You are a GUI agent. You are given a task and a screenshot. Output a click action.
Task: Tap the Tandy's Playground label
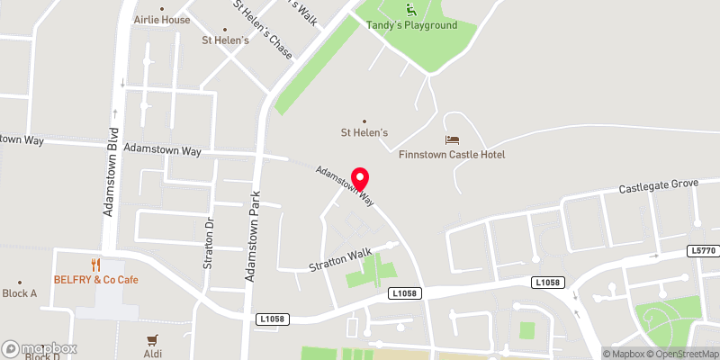point(411,25)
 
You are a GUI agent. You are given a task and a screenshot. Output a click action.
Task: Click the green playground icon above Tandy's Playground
point(411,10)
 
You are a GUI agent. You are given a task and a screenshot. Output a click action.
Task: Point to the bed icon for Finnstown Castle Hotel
point(453,139)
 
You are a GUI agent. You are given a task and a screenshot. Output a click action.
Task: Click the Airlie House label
point(162,19)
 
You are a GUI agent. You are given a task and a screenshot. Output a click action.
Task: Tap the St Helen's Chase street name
point(263,30)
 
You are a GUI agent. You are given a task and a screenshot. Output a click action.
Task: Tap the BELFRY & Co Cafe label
point(95,280)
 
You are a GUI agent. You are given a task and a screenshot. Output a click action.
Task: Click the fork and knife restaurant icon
point(95,265)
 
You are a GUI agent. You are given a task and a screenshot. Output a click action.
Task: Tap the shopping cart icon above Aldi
point(152,340)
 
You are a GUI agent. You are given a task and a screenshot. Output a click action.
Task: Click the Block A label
point(20,293)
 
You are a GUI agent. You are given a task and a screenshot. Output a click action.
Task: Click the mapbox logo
point(39,348)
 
